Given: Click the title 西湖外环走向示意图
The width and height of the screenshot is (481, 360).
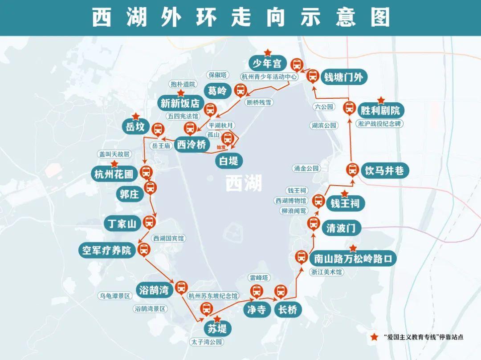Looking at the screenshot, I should click(241, 17).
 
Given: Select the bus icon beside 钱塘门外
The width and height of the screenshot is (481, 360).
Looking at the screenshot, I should click(313, 76).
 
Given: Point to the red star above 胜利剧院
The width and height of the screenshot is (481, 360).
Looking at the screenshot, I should click(381, 101).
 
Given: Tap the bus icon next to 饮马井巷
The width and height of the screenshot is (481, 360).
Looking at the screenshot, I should click(352, 170).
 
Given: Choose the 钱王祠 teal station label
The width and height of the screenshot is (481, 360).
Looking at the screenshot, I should click(345, 204).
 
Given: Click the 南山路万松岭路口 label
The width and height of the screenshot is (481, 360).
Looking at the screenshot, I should click(354, 258).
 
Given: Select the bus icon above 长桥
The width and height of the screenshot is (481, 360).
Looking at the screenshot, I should click(280, 292).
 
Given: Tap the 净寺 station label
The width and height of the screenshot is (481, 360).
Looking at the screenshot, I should click(257, 309).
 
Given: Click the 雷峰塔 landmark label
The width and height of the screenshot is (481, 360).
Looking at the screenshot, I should click(259, 278).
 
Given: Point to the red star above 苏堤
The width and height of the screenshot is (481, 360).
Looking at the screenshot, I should click(217, 319).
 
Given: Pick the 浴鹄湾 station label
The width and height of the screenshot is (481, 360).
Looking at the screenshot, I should click(153, 291).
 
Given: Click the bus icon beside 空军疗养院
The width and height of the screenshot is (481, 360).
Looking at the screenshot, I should click(144, 250).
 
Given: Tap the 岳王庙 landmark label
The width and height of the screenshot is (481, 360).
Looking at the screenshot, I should click(161, 146).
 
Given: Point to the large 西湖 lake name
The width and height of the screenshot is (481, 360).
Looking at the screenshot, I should click(244, 183).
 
